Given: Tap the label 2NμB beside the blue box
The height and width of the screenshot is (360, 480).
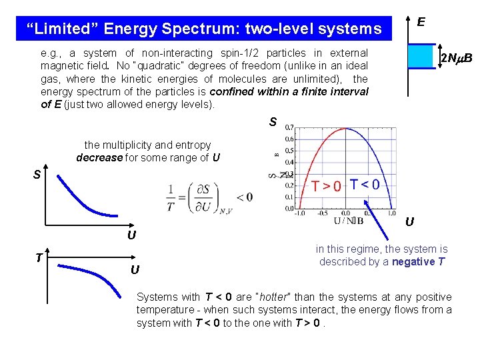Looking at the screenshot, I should click(x=456, y=59).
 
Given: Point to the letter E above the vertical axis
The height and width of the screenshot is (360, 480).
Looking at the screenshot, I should click(x=421, y=22).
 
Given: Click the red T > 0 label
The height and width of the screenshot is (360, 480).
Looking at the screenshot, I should click(x=327, y=186).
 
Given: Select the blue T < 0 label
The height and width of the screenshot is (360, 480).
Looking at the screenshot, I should click(x=365, y=184).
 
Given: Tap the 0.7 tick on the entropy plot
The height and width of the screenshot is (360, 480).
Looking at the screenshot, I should click(x=289, y=127).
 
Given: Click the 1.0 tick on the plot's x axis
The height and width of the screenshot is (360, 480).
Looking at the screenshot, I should click(x=389, y=214).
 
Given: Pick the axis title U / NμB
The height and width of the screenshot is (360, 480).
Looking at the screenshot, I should click(x=349, y=221).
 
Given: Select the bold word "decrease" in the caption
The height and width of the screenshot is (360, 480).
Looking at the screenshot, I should click(x=99, y=158).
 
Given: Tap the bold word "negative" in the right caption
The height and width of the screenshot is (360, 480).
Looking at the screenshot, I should click(x=413, y=261).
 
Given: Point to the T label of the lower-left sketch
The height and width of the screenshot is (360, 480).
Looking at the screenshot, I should click(x=39, y=258).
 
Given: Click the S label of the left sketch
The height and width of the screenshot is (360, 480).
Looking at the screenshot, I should click(x=38, y=175).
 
